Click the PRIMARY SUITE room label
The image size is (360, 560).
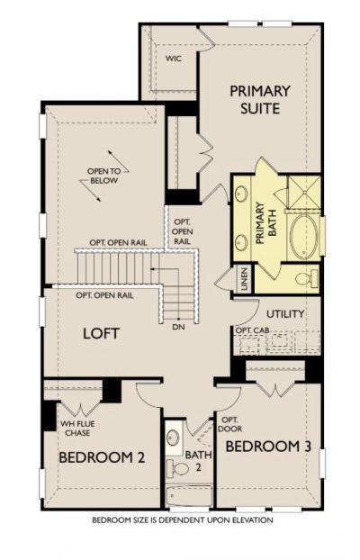coord(259,99)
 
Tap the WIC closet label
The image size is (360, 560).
coord(174,59)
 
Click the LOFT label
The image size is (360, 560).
coord(102,332)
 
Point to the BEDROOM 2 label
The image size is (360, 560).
coord(102,457)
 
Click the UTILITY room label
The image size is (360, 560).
coord(284,313)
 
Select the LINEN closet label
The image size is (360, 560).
coord(245,279)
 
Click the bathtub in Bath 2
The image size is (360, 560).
coord(189,495)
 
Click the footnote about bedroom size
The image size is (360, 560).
coord(182,520)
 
